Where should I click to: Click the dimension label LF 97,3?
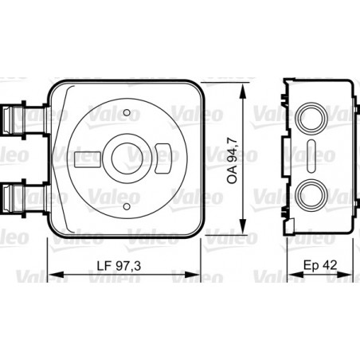pos(119,266)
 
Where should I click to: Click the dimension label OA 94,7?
pos(233,160)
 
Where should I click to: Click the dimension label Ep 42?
pos(320,265)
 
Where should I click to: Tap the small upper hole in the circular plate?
pos(127,112)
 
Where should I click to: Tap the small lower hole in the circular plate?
pos(127,206)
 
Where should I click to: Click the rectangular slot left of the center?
pos(88,159)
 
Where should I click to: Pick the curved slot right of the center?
pos(162,158)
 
